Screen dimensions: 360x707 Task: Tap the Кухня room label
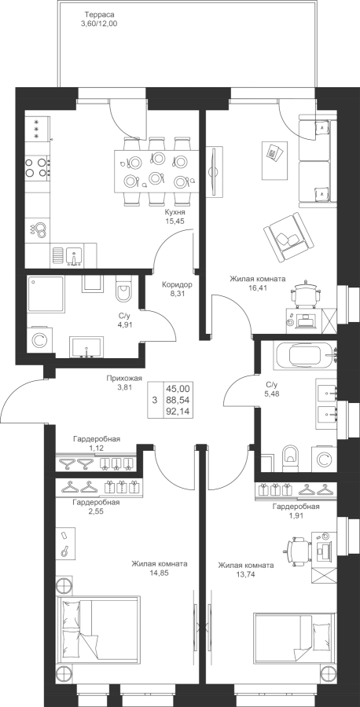coord(174,212)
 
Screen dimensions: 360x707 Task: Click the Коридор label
coord(178,285)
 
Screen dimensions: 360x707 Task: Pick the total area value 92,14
coord(178,412)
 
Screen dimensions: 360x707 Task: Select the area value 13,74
coord(245,574)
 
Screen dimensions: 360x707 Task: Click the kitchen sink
coord(74,255)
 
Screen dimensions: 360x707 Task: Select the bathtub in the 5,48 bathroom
coord(310,357)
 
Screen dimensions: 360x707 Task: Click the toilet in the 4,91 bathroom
coord(123,289)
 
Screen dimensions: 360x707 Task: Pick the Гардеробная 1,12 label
coord(96,443)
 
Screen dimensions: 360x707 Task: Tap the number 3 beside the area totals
coord(154,400)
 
